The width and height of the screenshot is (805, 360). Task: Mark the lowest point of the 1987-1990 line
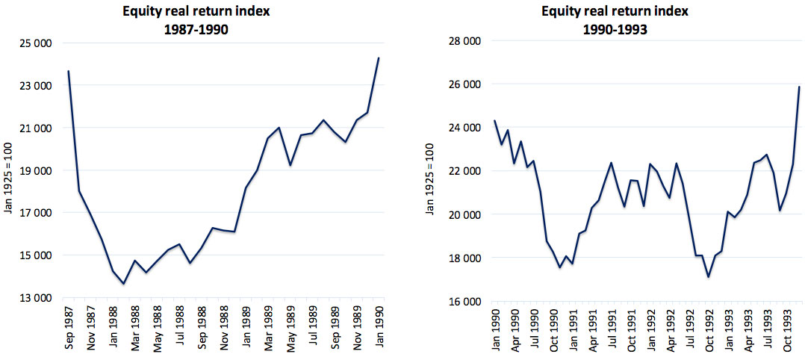point(124,284)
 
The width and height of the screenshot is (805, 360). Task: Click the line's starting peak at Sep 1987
point(68,71)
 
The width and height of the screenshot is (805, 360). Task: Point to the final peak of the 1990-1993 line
point(799,87)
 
